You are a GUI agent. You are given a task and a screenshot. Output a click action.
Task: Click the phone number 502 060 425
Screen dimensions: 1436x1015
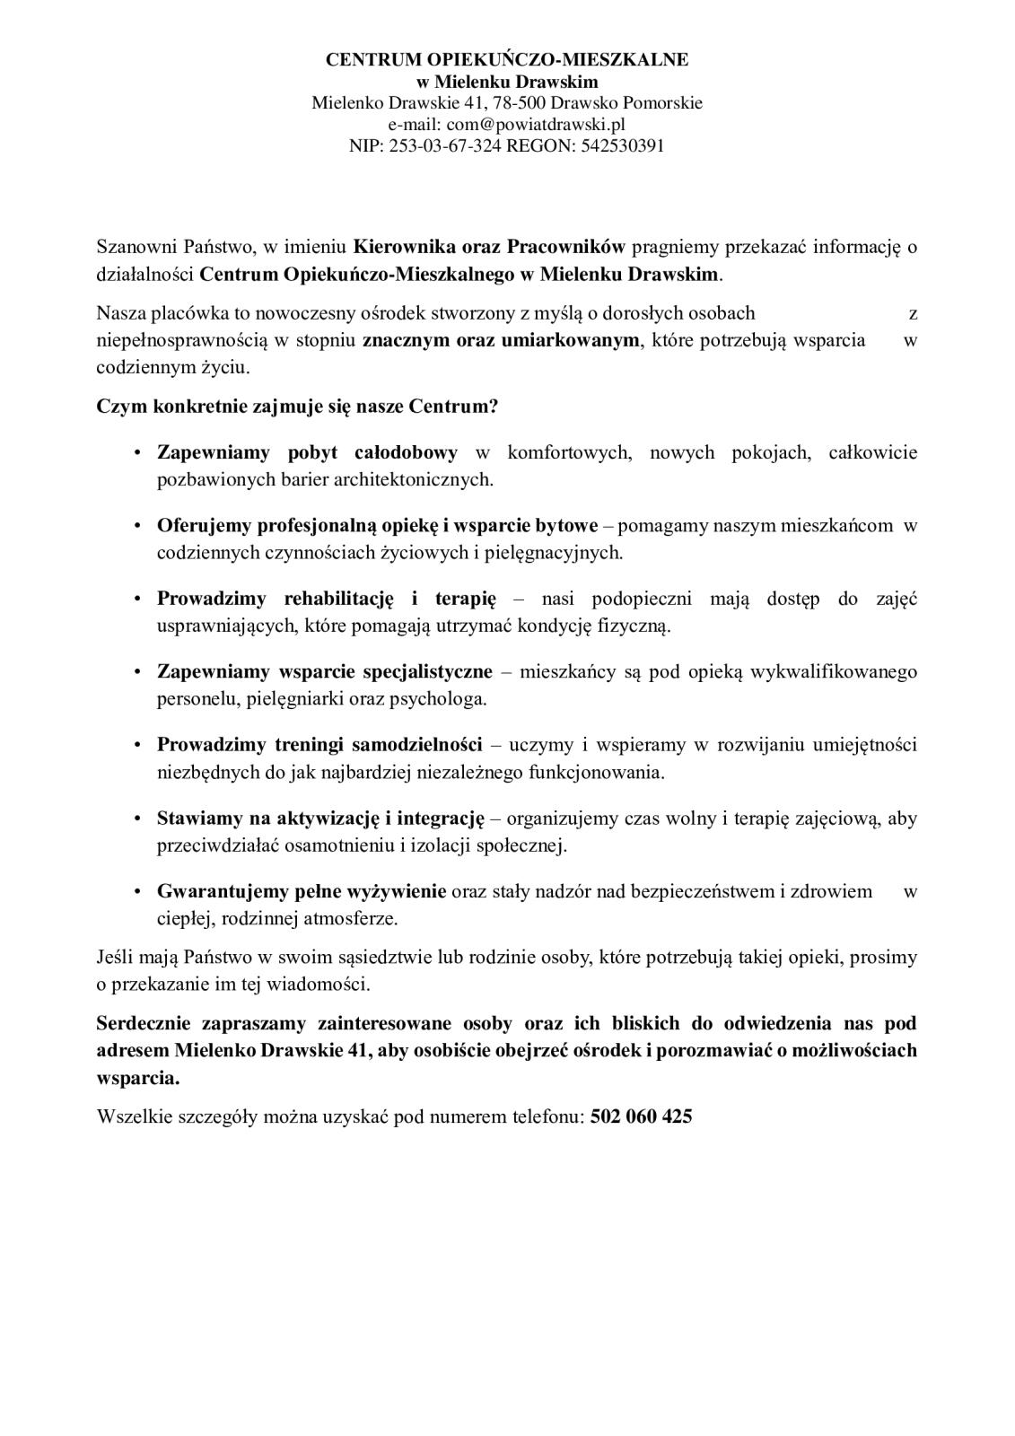pos(641,1116)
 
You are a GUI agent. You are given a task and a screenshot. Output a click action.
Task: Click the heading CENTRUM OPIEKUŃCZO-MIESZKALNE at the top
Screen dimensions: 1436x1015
pos(507,60)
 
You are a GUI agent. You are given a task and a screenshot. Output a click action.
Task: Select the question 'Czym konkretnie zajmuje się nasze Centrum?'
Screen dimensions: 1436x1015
pos(297,406)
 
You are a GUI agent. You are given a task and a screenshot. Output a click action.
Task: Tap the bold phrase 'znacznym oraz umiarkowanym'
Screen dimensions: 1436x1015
pos(502,340)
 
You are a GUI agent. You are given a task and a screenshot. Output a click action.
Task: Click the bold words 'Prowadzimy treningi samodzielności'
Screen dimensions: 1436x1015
pos(319,744)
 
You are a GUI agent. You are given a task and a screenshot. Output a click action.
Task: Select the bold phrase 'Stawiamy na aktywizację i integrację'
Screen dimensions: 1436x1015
pos(320,818)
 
